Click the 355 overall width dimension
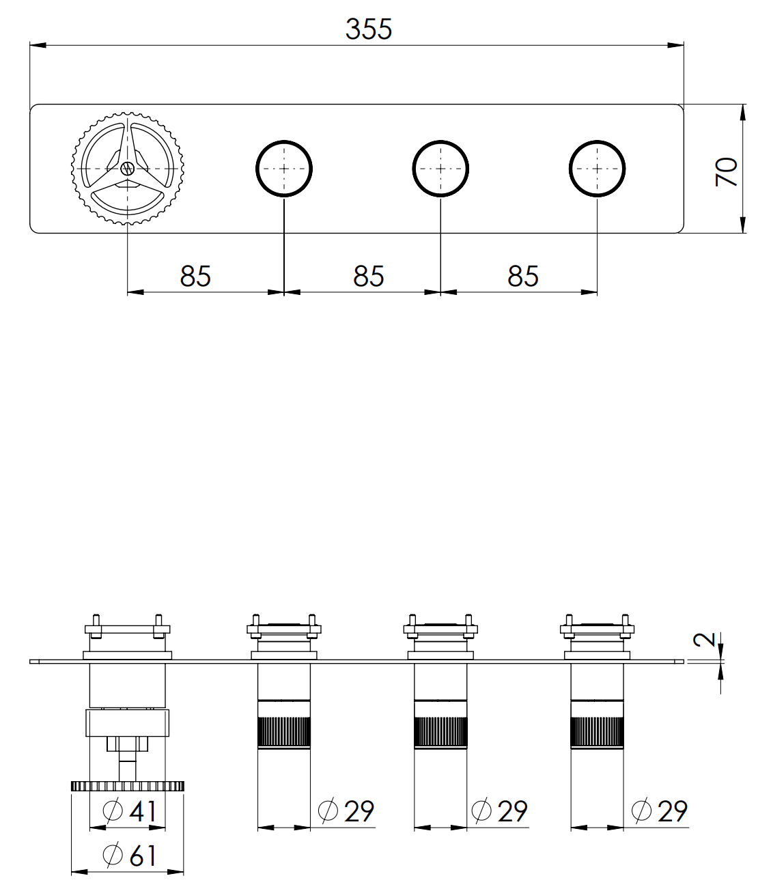(x=369, y=29)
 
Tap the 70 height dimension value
(x=726, y=172)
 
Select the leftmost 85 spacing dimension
(x=195, y=276)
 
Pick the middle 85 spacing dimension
(x=369, y=276)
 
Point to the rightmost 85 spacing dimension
(x=522, y=276)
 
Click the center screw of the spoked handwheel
(x=127, y=168)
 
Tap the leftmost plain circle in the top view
(x=284, y=169)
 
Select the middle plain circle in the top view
(x=440, y=169)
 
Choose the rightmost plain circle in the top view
(x=597, y=169)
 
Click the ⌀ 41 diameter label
(x=130, y=810)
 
